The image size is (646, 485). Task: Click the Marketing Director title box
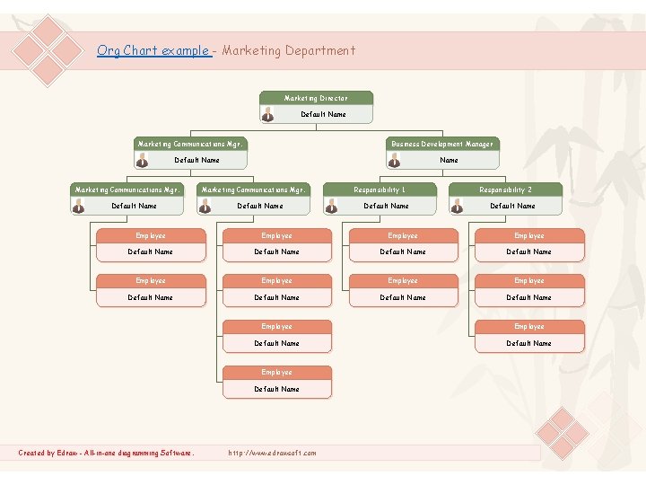(316, 98)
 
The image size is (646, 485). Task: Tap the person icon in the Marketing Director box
(267, 114)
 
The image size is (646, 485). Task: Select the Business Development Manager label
(441, 144)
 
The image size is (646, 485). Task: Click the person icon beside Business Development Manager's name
(394, 160)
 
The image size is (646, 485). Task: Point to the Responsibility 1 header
(380, 190)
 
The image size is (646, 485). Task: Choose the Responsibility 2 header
(505, 190)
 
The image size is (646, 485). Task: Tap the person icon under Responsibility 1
(330, 206)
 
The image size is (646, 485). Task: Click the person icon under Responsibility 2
(457, 206)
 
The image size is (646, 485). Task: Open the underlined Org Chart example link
(153, 51)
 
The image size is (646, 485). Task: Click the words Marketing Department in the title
(288, 51)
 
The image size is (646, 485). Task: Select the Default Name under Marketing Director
(323, 115)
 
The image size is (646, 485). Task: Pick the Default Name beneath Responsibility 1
(387, 206)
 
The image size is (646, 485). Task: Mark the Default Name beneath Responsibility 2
(513, 206)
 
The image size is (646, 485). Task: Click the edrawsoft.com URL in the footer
(273, 453)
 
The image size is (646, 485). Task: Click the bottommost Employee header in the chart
(277, 372)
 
